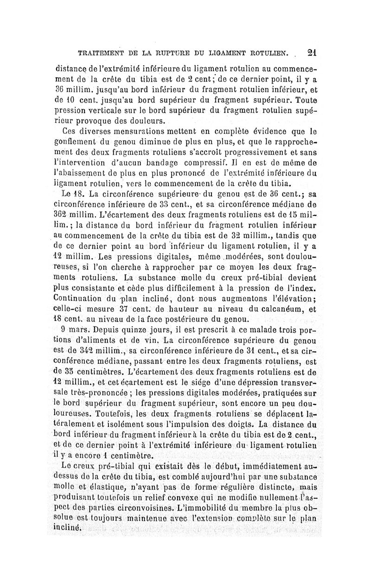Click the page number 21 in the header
click(x=311, y=52)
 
